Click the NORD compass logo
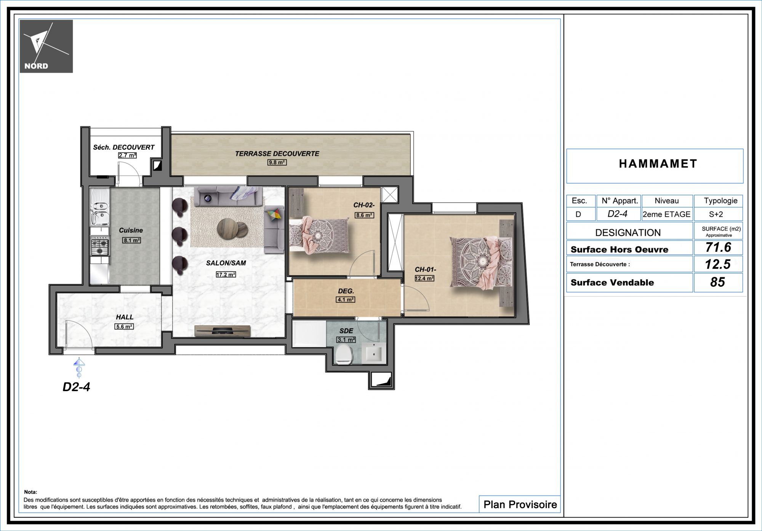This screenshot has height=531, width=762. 46,46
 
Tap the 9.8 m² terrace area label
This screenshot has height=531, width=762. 277,162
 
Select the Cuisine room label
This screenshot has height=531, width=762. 131,230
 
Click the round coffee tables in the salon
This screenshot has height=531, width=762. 232,229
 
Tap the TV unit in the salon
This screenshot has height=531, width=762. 223,331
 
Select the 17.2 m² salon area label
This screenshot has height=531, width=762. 226,274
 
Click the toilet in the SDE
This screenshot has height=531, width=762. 344,355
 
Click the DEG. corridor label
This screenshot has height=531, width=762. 346,291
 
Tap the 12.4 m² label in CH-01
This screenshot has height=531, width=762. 424,278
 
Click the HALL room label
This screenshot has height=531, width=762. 125,317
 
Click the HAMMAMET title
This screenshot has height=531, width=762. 658,164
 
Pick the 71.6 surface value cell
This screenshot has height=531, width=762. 718,247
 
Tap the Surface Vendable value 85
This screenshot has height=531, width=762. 718,282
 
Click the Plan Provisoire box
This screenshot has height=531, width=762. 520,504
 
